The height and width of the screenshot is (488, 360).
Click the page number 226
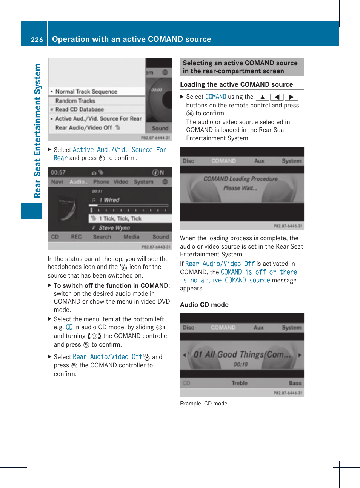point(37,40)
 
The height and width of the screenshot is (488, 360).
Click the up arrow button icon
point(262,97)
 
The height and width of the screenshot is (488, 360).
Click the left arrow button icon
point(277,97)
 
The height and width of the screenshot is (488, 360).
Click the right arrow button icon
point(291,97)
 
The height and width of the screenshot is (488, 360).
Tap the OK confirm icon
point(190,114)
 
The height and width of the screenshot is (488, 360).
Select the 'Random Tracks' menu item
point(75,101)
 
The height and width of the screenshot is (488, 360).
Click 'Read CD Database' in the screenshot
point(79,109)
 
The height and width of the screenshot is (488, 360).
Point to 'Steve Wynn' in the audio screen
point(114,228)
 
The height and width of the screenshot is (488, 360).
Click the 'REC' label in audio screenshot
point(76,237)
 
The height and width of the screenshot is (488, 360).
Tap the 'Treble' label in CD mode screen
point(239,383)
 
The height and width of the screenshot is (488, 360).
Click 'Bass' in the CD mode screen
point(295,383)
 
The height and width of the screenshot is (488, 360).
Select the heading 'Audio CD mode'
point(204,305)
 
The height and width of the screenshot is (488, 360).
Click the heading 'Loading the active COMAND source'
point(236,84)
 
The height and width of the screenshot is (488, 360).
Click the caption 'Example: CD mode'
point(203,404)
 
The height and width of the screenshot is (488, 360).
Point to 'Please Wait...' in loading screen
point(240,188)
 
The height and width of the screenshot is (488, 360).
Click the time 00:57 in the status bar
point(58,172)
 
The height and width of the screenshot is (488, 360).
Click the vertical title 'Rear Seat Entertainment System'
point(37,130)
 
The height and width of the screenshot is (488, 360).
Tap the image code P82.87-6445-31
point(288,226)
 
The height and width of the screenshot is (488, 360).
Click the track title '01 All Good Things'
point(242,354)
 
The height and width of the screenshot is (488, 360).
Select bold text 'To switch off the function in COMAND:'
point(112,285)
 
